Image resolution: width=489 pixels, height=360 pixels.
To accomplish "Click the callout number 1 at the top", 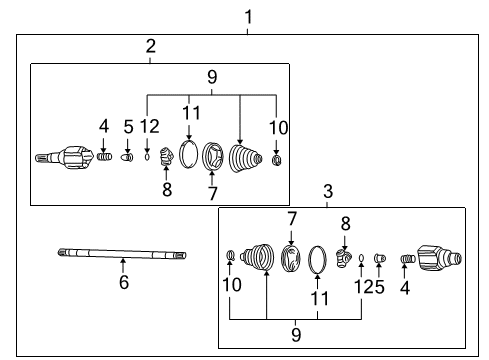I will (x=249, y=16).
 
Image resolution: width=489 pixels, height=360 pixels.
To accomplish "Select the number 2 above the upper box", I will (x=150, y=46).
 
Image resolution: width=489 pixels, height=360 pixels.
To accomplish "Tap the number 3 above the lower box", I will (x=326, y=191).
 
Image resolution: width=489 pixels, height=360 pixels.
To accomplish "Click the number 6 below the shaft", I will (x=123, y=283).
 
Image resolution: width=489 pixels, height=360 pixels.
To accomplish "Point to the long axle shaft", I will (x=121, y=255).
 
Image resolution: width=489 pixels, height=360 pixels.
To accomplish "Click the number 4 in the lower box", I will (x=406, y=287).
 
